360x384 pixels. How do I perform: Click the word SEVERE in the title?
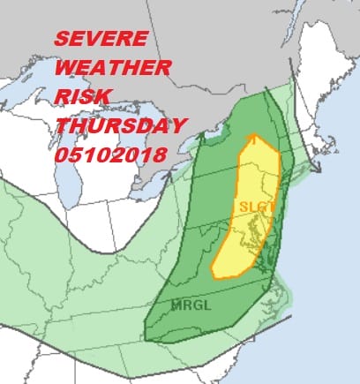(99, 41)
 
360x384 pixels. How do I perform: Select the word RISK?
(82, 96)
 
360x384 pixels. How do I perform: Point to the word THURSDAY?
(118, 124)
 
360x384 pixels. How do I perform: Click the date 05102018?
(111, 154)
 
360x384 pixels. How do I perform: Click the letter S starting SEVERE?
(60, 41)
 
